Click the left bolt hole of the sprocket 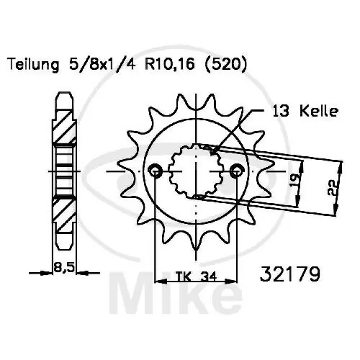(x=154, y=171)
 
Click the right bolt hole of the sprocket (x=237, y=171)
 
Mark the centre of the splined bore (x=195, y=172)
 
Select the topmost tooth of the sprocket (x=196, y=94)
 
